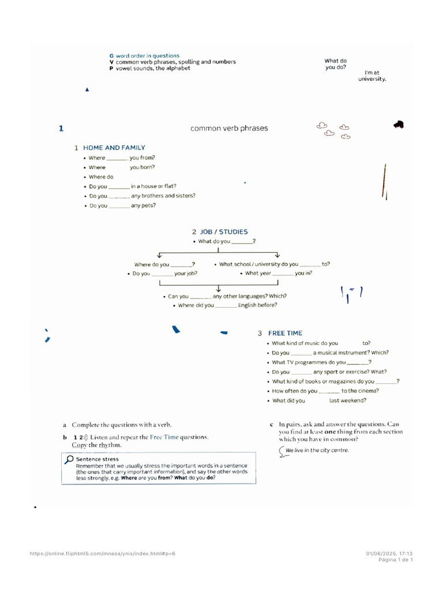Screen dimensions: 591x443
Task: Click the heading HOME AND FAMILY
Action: (x=114, y=148)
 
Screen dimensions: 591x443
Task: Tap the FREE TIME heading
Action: (x=285, y=333)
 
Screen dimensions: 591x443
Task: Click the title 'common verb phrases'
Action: (x=229, y=128)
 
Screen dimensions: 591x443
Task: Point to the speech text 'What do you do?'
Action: (x=335, y=64)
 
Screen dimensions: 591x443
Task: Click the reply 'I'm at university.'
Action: (x=372, y=76)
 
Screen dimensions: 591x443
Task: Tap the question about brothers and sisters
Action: (x=142, y=196)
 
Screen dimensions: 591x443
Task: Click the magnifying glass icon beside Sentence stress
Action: (x=69, y=459)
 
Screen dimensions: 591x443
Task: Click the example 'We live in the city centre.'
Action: (x=317, y=450)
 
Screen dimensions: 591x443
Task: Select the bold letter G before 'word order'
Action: (x=111, y=56)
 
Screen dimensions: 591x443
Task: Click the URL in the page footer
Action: (x=102, y=553)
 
